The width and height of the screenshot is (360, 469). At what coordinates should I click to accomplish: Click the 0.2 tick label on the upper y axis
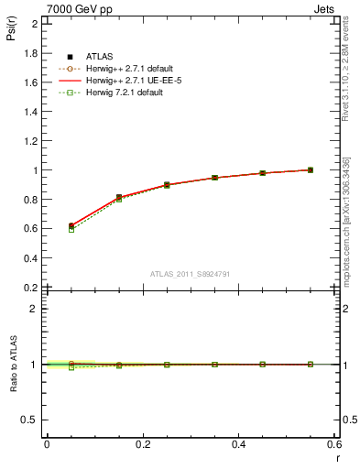33,287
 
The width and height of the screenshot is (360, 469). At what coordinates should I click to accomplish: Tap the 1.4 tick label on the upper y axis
33,111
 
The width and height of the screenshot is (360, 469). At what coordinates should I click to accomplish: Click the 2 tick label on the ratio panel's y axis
37,309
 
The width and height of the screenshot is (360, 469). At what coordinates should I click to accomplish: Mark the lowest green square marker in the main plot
71,229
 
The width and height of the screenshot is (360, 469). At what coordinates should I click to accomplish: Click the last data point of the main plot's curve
311,169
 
